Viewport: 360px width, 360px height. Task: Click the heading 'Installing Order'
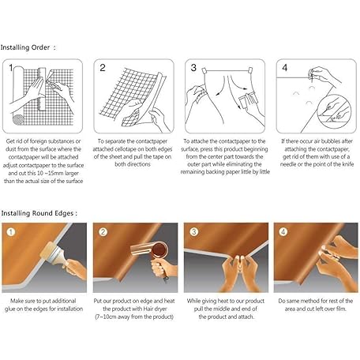click(x=25, y=47)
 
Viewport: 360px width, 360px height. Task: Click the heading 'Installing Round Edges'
click(x=37, y=213)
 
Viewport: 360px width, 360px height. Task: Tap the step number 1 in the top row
click(x=11, y=68)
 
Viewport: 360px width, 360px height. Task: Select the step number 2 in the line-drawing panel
click(x=103, y=68)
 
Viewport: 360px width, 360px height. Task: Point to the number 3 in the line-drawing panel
click(x=193, y=68)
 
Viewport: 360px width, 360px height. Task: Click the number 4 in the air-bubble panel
click(x=284, y=68)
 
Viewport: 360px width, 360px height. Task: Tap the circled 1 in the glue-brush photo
click(x=11, y=232)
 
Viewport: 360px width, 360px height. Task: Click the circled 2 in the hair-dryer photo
click(x=103, y=232)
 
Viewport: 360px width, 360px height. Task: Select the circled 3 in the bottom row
click(x=194, y=232)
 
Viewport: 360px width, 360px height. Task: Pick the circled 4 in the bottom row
click(x=283, y=232)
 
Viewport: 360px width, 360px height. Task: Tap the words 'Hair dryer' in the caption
click(x=155, y=309)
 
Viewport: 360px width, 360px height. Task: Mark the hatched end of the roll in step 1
click(x=18, y=120)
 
